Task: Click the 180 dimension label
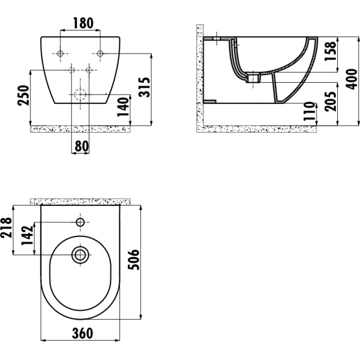pyautogui.click(x=83, y=23)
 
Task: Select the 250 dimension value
pyautogui.click(x=23, y=95)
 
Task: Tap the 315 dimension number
pyautogui.click(x=145, y=87)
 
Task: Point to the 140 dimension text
pyautogui.click(x=123, y=107)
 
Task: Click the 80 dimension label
pyautogui.click(x=82, y=146)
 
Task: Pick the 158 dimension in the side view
pyautogui.click(x=330, y=51)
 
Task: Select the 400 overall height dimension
pyautogui.click(x=352, y=79)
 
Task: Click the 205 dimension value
pyautogui.click(x=331, y=101)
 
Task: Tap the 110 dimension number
pyautogui.click(x=309, y=111)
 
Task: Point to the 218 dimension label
pyautogui.click(x=6, y=227)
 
